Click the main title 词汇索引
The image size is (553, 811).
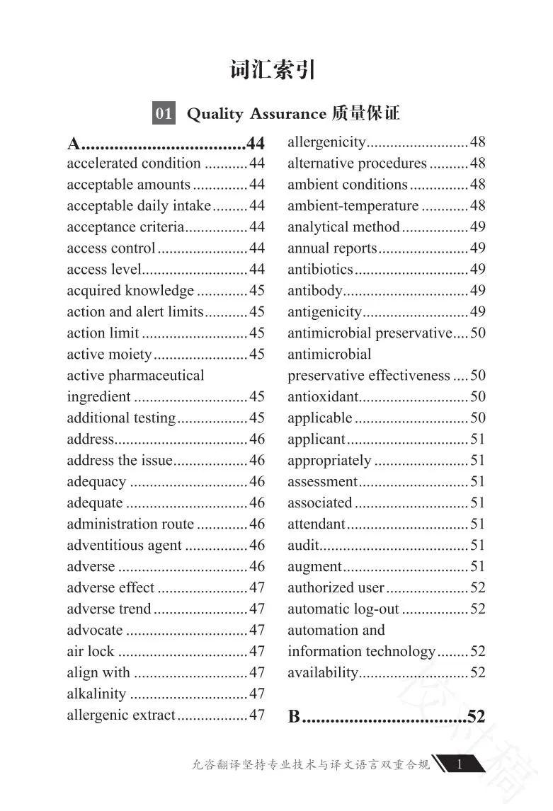(273, 71)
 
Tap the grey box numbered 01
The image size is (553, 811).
(164, 113)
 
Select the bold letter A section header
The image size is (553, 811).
(74, 144)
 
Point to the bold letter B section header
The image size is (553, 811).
(295, 716)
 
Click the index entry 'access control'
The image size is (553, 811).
(110, 248)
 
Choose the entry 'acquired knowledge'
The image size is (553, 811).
(130, 291)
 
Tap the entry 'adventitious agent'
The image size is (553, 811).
(125, 546)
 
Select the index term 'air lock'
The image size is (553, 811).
(91, 652)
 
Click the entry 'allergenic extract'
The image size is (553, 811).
(120, 715)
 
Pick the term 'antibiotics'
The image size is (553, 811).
(320, 270)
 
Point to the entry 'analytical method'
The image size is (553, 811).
(343, 227)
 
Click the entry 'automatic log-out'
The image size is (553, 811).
(343, 609)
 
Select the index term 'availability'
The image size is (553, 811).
(323, 673)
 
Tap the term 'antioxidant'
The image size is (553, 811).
(323, 397)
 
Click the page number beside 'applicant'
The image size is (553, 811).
(478, 439)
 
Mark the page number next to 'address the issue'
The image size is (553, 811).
(257, 461)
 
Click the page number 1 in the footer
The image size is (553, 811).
(460, 764)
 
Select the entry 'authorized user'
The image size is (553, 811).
(336, 588)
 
